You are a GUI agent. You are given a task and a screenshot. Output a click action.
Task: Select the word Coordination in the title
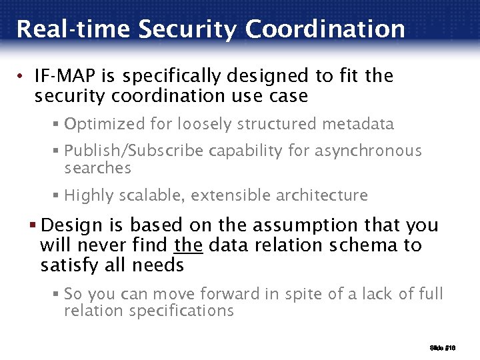point(325,29)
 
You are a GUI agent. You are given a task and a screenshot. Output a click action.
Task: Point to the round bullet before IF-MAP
point(23,77)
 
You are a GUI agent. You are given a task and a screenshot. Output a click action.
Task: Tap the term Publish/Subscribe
point(134,151)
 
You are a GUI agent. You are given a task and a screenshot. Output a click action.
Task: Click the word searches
point(98,168)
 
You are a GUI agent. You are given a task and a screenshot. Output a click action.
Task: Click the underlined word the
point(188,245)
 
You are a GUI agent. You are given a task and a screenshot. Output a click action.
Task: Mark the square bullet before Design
point(43,225)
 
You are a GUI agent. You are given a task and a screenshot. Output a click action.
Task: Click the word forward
point(209,294)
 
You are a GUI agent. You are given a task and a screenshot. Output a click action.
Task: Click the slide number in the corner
point(443,348)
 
